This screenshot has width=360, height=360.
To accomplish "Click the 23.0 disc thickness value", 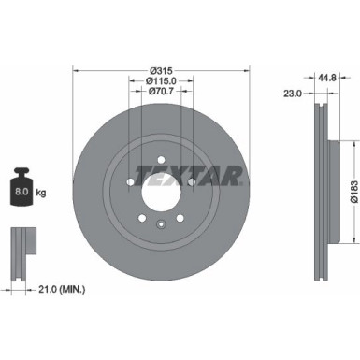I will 293,92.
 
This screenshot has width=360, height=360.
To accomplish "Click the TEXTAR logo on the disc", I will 191,173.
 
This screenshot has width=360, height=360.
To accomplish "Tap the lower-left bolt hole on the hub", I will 141,217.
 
